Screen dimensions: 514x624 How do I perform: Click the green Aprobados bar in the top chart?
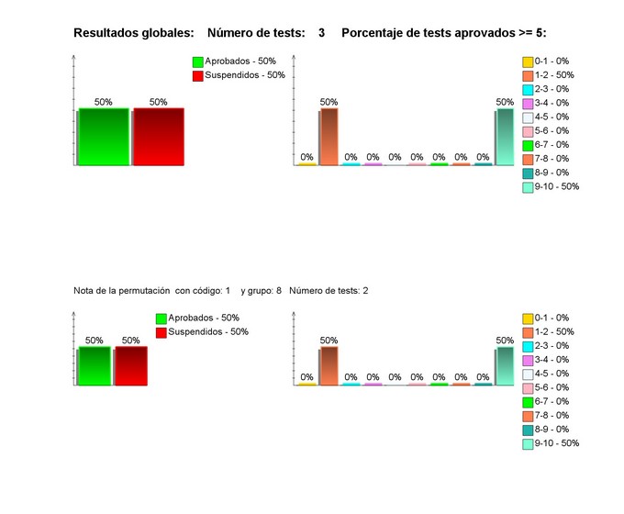pos(104,137)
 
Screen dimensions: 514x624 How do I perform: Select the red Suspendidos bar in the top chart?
pos(159,137)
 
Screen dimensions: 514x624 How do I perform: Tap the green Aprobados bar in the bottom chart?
pos(95,365)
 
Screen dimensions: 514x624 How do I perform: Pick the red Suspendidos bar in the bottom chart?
pos(131,365)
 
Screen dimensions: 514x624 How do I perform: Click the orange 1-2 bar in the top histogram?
pos(329,137)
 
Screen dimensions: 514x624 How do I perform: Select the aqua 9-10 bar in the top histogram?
pos(505,137)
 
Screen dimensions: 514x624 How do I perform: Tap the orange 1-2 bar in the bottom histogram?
pos(329,365)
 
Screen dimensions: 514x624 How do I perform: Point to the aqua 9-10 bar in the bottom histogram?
pos(505,365)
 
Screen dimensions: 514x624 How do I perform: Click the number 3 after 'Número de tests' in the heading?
pos(322,33)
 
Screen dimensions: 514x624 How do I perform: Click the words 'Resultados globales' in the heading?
pos(133,33)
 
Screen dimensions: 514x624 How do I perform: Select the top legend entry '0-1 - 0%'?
pos(552,61)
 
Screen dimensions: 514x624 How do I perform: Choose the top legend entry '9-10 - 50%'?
pos(556,186)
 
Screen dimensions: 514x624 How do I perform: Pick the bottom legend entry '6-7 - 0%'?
pos(552,401)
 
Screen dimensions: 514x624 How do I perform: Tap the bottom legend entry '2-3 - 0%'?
pos(552,346)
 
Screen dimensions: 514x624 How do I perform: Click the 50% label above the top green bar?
pos(104,102)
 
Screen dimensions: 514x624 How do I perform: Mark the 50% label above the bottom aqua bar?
pos(505,341)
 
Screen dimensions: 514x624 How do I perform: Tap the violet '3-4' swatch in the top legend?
pos(528,104)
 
